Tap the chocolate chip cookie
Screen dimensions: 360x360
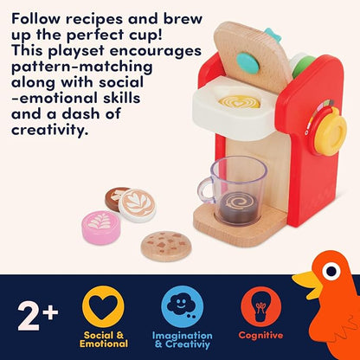[x=166, y=246]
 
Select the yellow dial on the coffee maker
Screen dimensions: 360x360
[x=330, y=131]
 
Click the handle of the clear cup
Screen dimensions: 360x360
[x=205, y=190]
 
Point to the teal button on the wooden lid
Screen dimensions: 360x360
[x=247, y=63]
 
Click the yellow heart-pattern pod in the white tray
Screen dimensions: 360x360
[x=240, y=101]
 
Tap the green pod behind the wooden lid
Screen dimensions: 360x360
[x=303, y=65]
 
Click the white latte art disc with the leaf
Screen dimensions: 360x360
[x=138, y=205]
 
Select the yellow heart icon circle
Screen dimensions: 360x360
[x=103, y=306]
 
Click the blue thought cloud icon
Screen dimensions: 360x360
[x=183, y=306]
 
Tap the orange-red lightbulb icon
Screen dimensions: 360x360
[x=261, y=306]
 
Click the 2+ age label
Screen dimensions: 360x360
[x=38, y=316]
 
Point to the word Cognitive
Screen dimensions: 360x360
[x=260, y=335]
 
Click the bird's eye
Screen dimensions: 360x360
[x=331, y=271]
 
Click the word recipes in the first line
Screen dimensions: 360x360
[x=94, y=19]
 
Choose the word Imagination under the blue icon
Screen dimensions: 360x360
[x=183, y=336]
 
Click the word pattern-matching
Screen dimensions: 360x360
[x=81, y=67]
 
